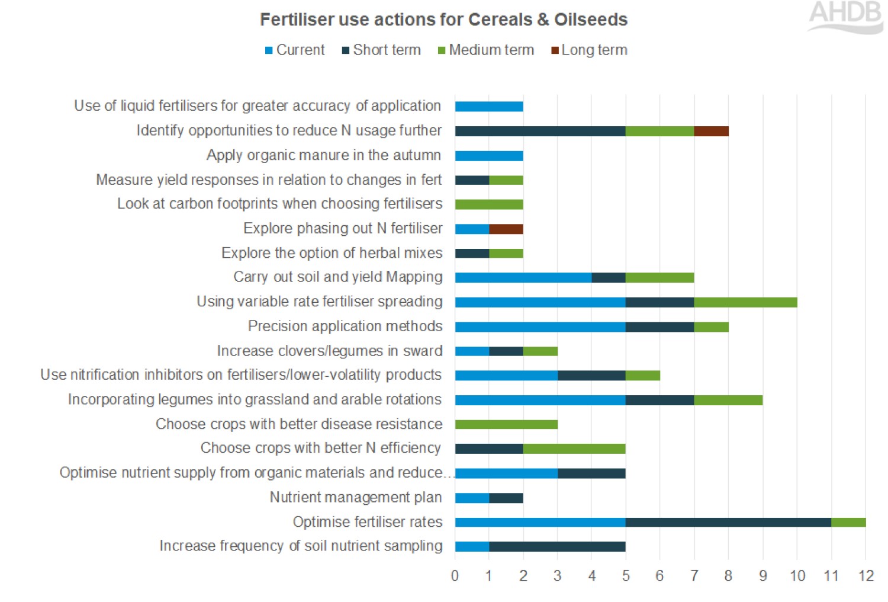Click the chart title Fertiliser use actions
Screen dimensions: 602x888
point(443,20)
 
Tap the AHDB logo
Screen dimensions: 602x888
point(845,16)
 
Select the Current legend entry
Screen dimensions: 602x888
point(295,50)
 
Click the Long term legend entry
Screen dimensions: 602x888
point(589,50)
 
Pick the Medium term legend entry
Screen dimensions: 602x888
point(486,50)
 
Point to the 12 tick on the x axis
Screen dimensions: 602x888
point(866,576)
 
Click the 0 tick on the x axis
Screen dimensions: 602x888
point(455,576)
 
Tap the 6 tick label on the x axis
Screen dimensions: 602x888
point(659,576)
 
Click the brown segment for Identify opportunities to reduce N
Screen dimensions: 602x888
point(711,131)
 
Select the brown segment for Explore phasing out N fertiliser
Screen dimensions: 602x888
point(506,229)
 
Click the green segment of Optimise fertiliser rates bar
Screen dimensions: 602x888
point(848,522)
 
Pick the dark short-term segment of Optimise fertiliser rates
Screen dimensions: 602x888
point(728,522)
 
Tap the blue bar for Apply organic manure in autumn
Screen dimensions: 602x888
point(489,156)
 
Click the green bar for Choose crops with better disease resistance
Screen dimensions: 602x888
point(506,424)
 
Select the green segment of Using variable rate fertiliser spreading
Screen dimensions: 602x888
point(745,302)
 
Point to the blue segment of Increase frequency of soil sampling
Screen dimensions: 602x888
point(472,546)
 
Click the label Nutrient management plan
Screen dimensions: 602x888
point(356,498)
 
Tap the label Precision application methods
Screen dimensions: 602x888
point(345,326)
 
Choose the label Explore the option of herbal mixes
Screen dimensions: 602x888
point(332,253)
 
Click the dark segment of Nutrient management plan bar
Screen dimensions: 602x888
point(506,498)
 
